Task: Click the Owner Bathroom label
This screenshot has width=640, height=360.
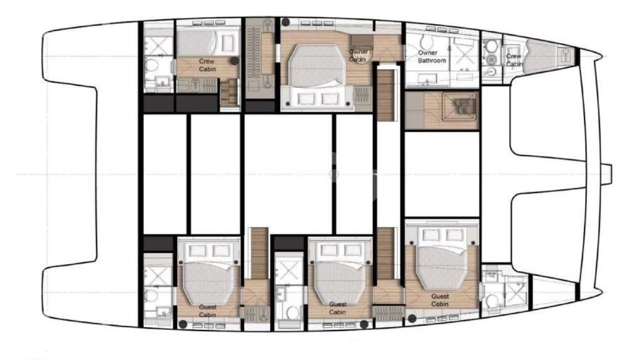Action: point(432,56)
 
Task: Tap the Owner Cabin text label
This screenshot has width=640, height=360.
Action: point(358,55)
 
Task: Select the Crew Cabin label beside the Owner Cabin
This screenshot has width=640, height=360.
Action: point(207,65)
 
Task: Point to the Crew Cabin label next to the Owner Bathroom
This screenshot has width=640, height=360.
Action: point(513,60)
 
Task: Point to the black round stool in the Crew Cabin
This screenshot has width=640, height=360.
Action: point(234,60)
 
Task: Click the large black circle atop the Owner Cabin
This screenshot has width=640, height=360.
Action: point(285,22)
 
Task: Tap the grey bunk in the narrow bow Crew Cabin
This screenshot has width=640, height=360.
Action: point(537,55)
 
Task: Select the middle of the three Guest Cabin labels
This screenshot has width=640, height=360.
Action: point(337,308)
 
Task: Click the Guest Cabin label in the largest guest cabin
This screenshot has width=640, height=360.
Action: point(440,300)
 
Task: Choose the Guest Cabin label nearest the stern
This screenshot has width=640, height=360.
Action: point(207,311)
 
